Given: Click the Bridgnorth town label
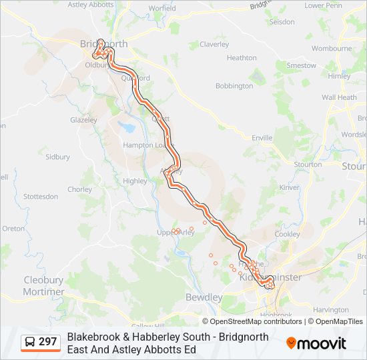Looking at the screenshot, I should (103, 44).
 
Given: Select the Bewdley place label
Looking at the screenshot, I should (204, 297).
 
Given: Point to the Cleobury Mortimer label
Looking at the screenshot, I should (44, 286).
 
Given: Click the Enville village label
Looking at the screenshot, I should (262, 138).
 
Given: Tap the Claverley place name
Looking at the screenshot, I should (214, 45).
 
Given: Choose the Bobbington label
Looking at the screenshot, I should (234, 86).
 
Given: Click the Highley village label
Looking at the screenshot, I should (135, 181).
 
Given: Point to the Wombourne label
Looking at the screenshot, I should (332, 49).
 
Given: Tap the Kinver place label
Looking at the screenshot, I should (289, 187).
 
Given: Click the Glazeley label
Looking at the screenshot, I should (83, 121).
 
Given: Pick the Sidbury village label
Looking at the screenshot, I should (57, 157).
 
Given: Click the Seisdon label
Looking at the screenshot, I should (282, 22).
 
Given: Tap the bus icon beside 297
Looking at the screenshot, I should (30, 342).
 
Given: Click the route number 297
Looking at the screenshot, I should (47, 342).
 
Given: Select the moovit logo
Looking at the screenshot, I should (316, 343).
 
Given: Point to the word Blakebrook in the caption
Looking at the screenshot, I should (93, 337).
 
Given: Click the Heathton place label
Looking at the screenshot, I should (242, 58).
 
